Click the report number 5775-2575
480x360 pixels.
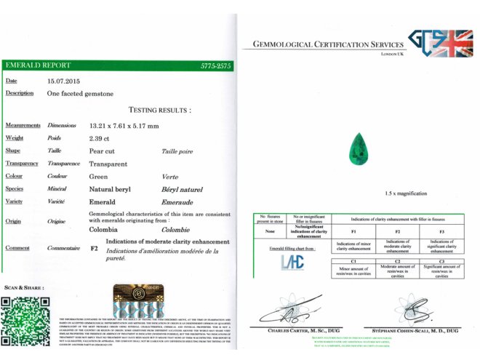click(x=216, y=65)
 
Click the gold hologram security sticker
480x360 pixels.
click(x=137, y=301)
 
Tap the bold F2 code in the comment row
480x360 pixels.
click(x=94, y=248)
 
